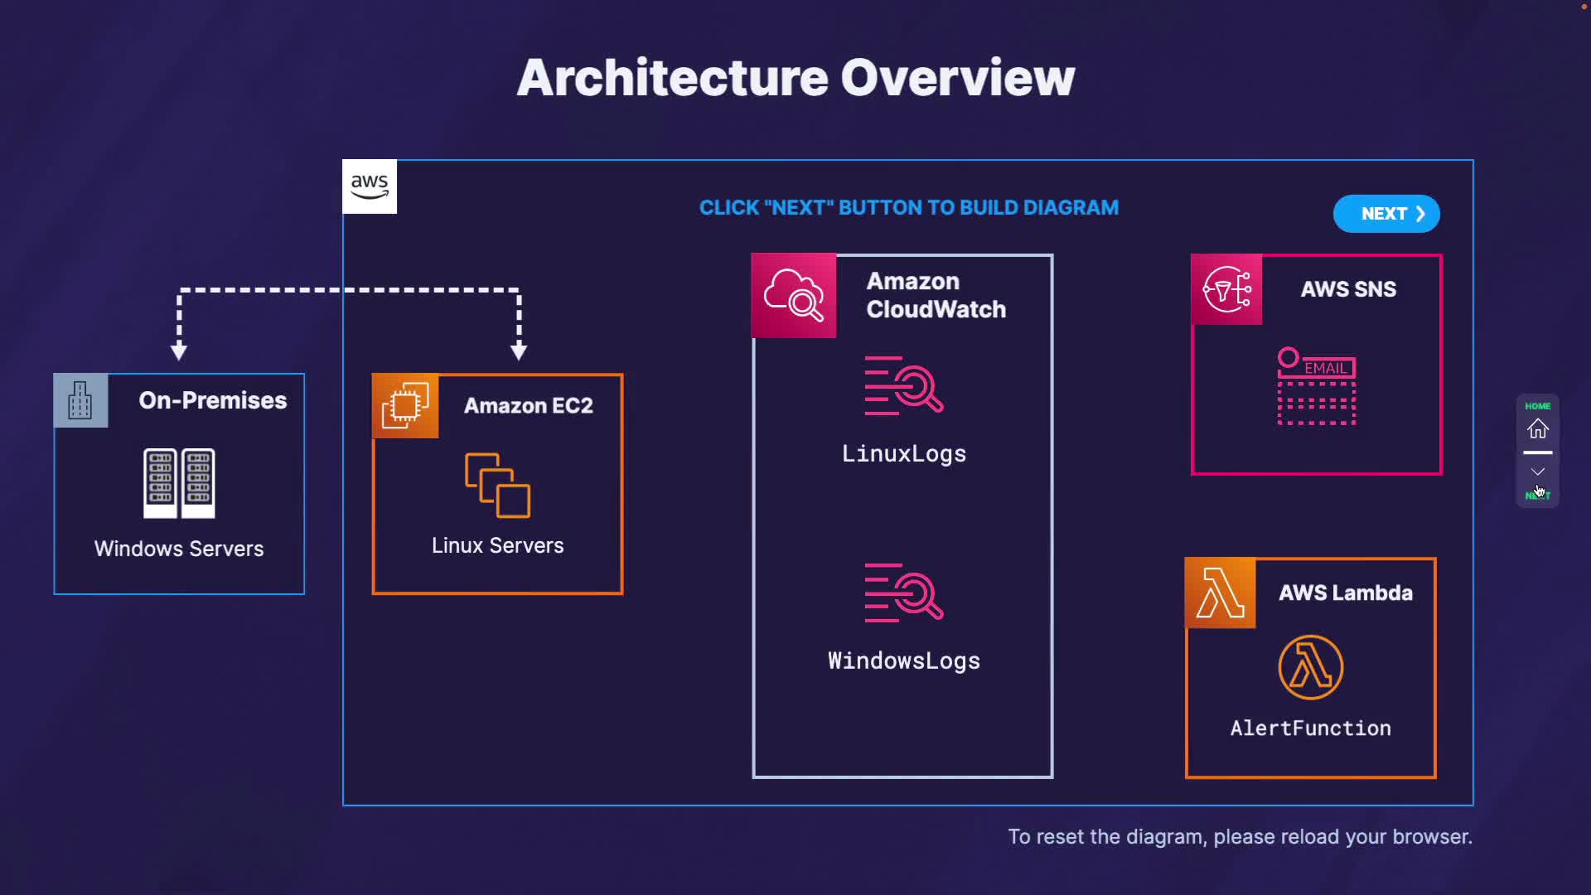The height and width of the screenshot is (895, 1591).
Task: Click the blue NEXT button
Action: (x=1385, y=214)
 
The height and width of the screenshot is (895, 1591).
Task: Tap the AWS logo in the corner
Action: (x=370, y=186)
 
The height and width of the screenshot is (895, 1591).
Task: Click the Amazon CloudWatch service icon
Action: (x=794, y=296)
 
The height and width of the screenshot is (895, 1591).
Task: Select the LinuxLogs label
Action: (x=903, y=454)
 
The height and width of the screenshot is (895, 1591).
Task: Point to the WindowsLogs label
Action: (x=903, y=661)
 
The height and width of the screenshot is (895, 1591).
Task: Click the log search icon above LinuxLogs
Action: (x=903, y=385)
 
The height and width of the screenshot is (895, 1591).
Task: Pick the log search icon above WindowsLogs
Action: (x=903, y=593)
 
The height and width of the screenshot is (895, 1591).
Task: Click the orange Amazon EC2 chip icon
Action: (x=405, y=405)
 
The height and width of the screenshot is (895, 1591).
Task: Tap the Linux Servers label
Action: (x=497, y=545)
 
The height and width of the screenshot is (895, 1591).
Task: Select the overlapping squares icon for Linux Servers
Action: (x=497, y=485)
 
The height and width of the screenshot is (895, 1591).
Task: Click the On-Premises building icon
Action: (x=80, y=400)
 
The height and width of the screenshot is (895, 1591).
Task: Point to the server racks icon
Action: (x=179, y=483)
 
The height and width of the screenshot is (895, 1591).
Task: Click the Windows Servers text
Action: (x=179, y=549)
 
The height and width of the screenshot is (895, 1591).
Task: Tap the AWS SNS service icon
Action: (x=1226, y=289)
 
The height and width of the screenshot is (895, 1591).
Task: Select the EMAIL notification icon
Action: (x=1316, y=387)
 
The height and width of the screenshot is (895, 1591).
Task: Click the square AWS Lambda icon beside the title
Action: (x=1221, y=593)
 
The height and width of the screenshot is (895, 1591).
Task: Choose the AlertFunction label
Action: (x=1310, y=728)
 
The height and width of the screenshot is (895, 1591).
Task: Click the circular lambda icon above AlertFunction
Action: (x=1310, y=667)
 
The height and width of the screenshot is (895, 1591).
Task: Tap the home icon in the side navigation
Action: (x=1538, y=428)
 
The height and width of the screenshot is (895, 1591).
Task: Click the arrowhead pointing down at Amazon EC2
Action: (x=519, y=352)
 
